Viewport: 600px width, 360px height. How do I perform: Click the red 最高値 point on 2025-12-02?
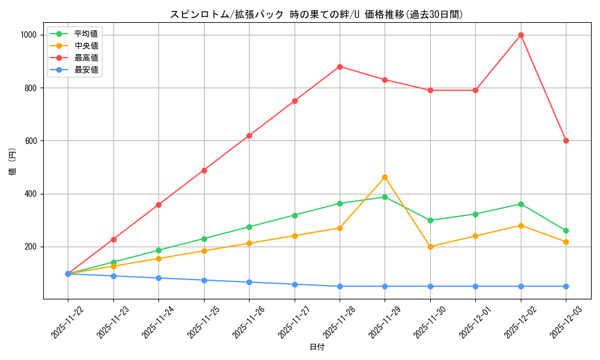pyautogui.click(x=521, y=35)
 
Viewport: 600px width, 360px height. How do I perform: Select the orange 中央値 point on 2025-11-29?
pyautogui.click(x=385, y=177)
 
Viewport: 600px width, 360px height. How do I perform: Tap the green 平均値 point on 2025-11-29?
pyautogui.click(x=385, y=197)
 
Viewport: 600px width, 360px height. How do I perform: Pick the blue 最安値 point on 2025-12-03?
pyautogui.click(x=566, y=286)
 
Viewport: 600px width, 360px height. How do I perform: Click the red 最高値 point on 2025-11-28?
pyautogui.click(x=340, y=67)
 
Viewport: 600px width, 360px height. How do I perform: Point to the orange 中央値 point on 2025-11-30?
pyautogui.click(x=430, y=247)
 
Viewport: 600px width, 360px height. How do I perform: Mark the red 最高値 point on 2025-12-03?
pyautogui.click(x=566, y=140)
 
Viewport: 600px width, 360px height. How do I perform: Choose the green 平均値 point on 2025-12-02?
pyautogui.click(x=521, y=204)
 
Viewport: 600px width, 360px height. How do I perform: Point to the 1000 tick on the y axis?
pyautogui.click(x=28, y=35)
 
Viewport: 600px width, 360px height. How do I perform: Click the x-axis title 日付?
pyautogui.click(x=317, y=347)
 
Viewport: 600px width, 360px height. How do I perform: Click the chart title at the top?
pyautogui.click(x=317, y=14)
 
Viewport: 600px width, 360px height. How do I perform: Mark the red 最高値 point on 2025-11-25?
pyautogui.click(x=204, y=170)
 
